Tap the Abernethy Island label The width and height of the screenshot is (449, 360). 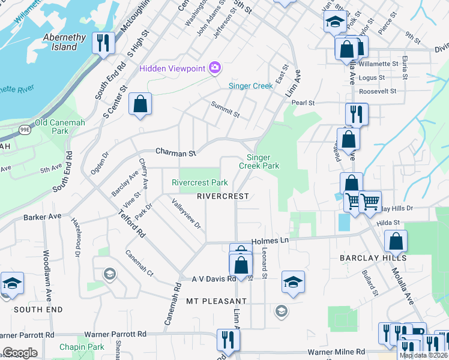(68, 42)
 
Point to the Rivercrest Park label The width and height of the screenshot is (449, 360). (200, 182)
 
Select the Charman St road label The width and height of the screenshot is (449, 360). (176, 153)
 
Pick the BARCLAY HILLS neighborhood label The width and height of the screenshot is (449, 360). (373, 258)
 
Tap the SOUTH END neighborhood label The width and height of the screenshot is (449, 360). (38, 310)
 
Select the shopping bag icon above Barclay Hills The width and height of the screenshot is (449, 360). (396, 241)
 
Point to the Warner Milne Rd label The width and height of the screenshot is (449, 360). (336, 352)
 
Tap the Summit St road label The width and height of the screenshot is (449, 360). (225, 109)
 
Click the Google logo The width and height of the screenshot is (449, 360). (20, 353)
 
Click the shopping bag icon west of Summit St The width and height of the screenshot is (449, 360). (140, 104)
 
